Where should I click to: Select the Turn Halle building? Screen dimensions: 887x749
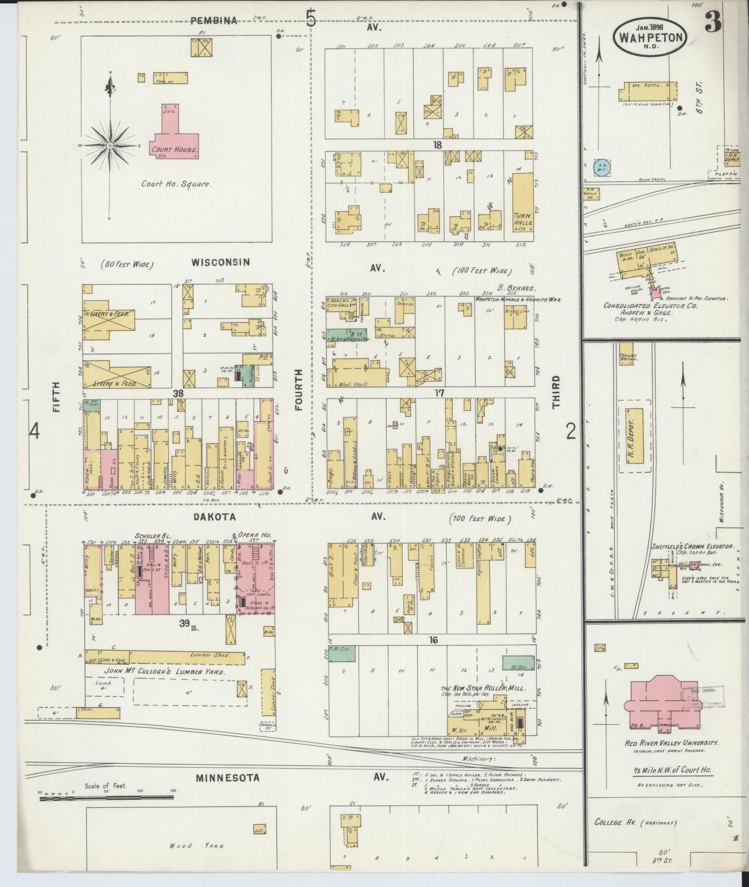[523, 207]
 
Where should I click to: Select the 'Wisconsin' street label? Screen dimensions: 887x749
[220, 262]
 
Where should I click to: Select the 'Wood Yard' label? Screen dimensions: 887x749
[196, 846]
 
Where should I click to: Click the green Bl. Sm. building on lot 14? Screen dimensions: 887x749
[518, 663]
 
